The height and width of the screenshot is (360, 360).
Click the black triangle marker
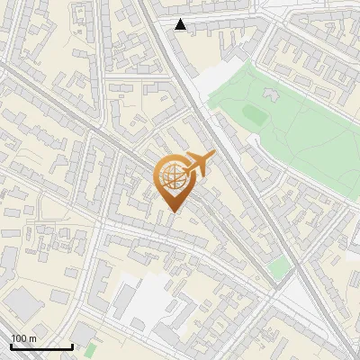pos(181,24)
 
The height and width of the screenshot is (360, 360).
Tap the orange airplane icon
pos(198,164)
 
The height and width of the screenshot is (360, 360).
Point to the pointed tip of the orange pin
pos(171,211)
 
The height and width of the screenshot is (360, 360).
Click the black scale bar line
pos(41,346)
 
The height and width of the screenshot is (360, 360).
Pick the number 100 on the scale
pos(19,338)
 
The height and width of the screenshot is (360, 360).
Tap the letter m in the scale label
pos(33,338)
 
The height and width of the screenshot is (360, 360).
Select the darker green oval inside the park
pos(253,115)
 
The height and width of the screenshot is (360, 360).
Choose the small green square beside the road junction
pos(279,266)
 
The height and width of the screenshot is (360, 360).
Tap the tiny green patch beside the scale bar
pos(90,347)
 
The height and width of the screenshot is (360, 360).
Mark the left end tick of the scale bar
pos(11,346)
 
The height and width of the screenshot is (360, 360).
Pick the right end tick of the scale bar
pos(72,346)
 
